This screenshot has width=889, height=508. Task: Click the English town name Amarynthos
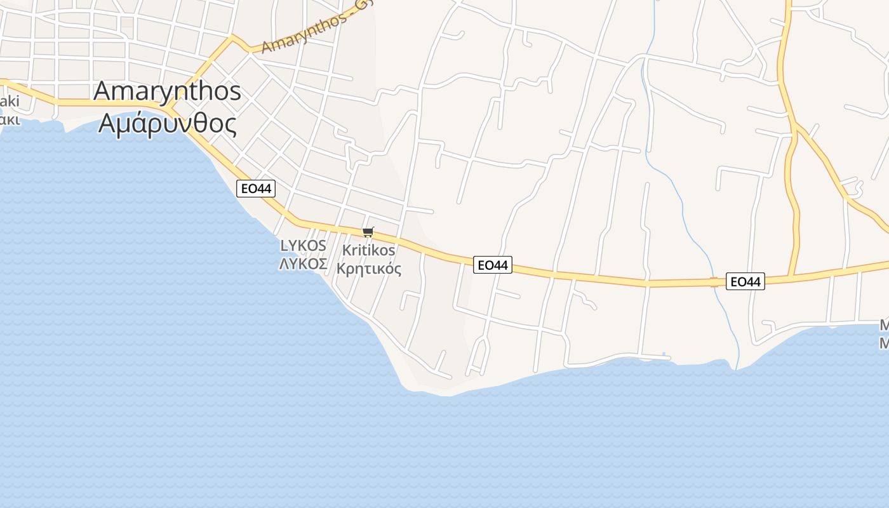(x=167, y=91)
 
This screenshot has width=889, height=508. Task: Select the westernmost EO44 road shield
(x=255, y=188)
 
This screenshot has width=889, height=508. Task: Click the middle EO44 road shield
(x=492, y=265)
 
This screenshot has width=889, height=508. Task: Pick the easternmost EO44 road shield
(x=745, y=281)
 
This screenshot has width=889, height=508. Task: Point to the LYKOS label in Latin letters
(x=303, y=246)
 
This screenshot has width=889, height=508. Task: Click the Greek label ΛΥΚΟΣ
(x=303, y=264)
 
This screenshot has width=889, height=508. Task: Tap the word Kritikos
(x=368, y=250)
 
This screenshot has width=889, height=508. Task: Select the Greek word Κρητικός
(x=368, y=269)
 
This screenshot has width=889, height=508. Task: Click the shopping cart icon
(x=368, y=232)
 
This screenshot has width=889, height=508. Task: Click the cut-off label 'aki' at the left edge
(x=10, y=102)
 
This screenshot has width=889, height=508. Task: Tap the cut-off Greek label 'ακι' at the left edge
(x=10, y=119)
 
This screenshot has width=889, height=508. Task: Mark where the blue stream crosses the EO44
(x=716, y=282)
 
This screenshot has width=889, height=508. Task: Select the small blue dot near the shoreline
(x=664, y=354)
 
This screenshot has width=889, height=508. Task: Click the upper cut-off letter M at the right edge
(x=883, y=326)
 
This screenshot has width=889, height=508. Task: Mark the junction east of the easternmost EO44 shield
(x=791, y=277)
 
